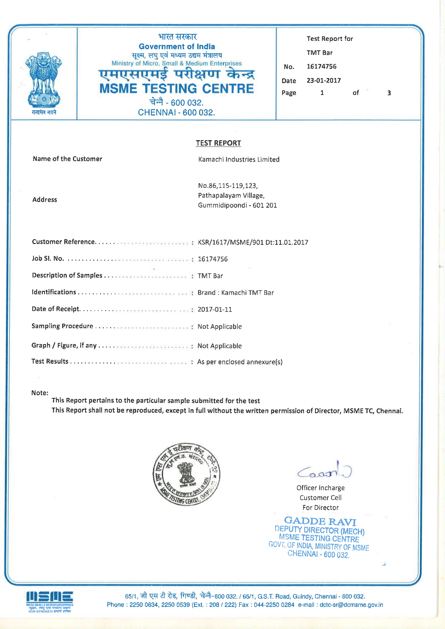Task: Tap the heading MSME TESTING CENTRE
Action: (x=177, y=89)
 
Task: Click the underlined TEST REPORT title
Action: (x=218, y=143)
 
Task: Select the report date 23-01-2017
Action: (x=324, y=80)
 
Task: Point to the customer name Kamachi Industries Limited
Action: (x=239, y=160)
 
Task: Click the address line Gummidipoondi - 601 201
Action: (x=237, y=205)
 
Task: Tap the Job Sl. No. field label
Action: (x=48, y=258)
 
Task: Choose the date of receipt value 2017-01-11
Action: (x=215, y=309)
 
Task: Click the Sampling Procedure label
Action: (x=62, y=326)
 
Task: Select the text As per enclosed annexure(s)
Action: (x=240, y=362)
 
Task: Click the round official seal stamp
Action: (x=186, y=474)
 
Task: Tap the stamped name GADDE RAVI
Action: (x=320, y=521)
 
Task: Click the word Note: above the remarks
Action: (x=40, y=393)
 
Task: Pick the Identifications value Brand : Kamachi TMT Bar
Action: (x=236, y=293)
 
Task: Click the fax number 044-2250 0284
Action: (x=274, y=605)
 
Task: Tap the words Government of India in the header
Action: (x=177, y=47)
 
